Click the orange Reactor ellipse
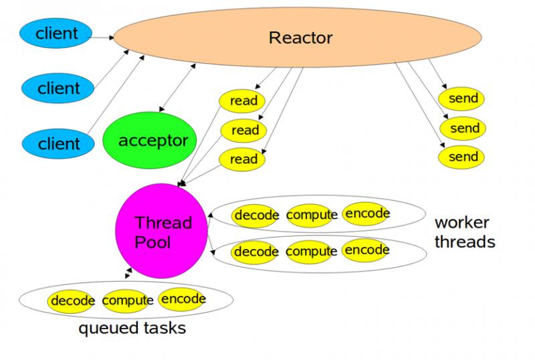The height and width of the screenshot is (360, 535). [297, 37]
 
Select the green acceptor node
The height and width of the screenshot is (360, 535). [150, 141]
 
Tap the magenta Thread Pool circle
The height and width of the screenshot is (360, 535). [161, 231]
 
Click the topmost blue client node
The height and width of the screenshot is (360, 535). [56, 33]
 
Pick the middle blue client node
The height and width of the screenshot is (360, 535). [58, 88]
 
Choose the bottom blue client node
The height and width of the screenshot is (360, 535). [58, 143]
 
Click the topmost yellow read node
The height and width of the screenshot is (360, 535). [242, 101]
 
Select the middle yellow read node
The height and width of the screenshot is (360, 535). [243, 130]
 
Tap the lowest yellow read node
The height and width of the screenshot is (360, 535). [242, 159]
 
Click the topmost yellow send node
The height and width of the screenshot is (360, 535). [461, 99]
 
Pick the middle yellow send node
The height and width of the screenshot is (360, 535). [463, 128]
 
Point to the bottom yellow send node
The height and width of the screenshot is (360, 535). [461, 157]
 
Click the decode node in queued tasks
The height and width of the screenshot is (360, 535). [71, 301]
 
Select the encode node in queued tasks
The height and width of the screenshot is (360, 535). [182, 299]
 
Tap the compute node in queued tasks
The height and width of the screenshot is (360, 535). [126, 300]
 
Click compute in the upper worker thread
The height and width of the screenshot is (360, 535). [310, 215]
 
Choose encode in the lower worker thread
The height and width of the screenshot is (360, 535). [366, 250]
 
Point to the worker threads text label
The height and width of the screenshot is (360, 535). [465, 232]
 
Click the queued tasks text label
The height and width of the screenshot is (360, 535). [132, 329]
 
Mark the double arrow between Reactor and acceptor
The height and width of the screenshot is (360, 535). [177, 88]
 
